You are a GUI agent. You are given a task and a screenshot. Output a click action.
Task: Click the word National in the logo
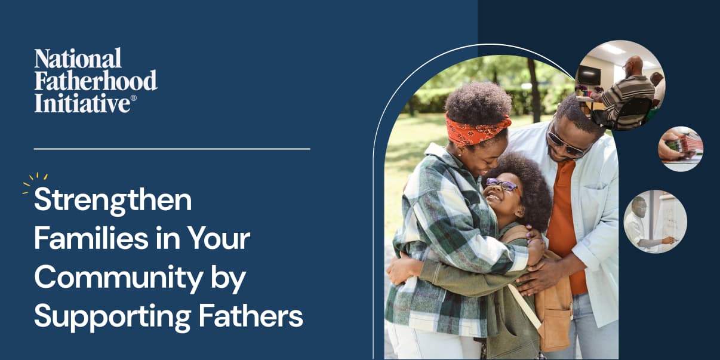pyautogui.click(x=78, y=59)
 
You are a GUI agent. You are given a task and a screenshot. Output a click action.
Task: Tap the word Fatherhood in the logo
pyautogui.click(x=96, y=81)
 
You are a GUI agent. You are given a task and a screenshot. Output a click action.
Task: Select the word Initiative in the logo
pyautogui.click(x=82, y=103)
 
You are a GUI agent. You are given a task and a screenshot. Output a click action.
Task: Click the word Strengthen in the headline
pyautogui.click(x=113, y=201)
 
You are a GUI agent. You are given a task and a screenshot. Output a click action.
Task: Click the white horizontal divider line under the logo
pyautogui.click(x=172, y=149)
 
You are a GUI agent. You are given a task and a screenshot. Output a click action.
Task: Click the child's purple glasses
pyautogui.click(x=501, y=184)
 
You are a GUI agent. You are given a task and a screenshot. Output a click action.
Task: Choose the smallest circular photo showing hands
pyautogui.click(x=680, y=149)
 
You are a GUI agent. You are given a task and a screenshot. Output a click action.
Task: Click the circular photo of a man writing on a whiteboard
pyautogui.click(x=655, y=221)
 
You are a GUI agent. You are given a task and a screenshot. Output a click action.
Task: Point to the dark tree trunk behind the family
pyautogui.click(x=533, y=90)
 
